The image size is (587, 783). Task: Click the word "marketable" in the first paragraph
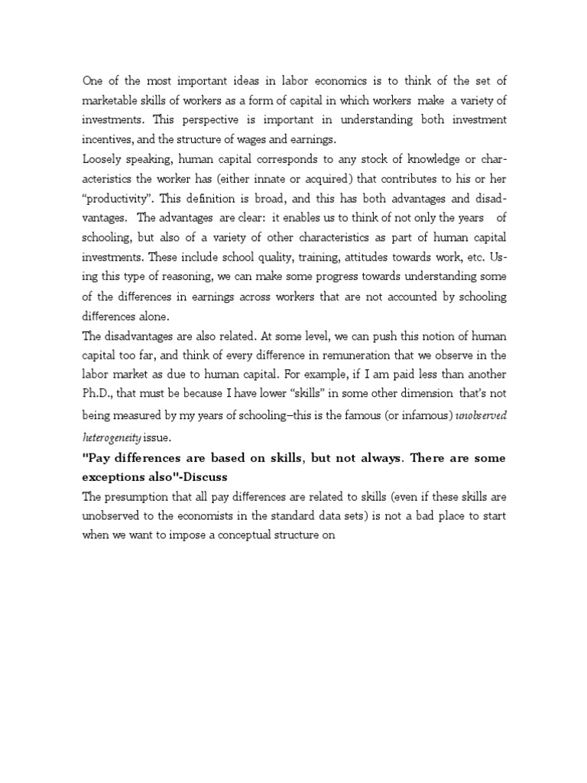(x=111, y=100)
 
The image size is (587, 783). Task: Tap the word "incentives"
(x=109, y=140)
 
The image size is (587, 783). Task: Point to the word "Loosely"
(x=102, y=161)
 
